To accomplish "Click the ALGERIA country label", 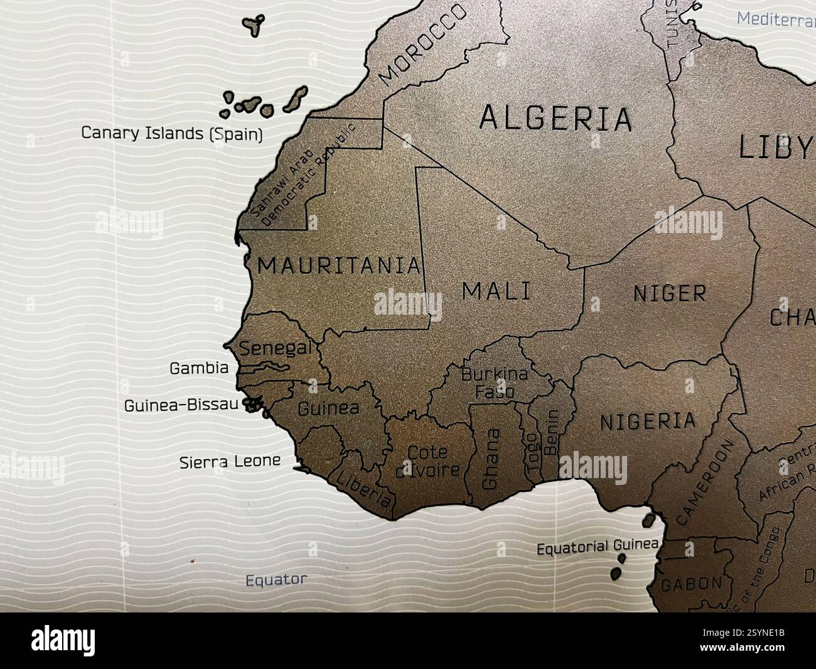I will pos(555,118).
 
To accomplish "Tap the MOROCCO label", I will pos(424,43).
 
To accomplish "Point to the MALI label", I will pos(496,291).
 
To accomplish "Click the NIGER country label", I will pos(669,293).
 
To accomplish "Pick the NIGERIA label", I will pos(648,422).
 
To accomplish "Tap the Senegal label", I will pos(276,348).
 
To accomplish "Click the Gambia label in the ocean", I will pos(199,368).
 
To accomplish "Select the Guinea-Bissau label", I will pos(181,405).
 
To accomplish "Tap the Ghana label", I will pos(491,459).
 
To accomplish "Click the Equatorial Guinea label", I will pos(597,547).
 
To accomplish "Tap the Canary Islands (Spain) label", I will pos(172,133).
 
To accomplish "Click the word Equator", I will pos(276,579).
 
